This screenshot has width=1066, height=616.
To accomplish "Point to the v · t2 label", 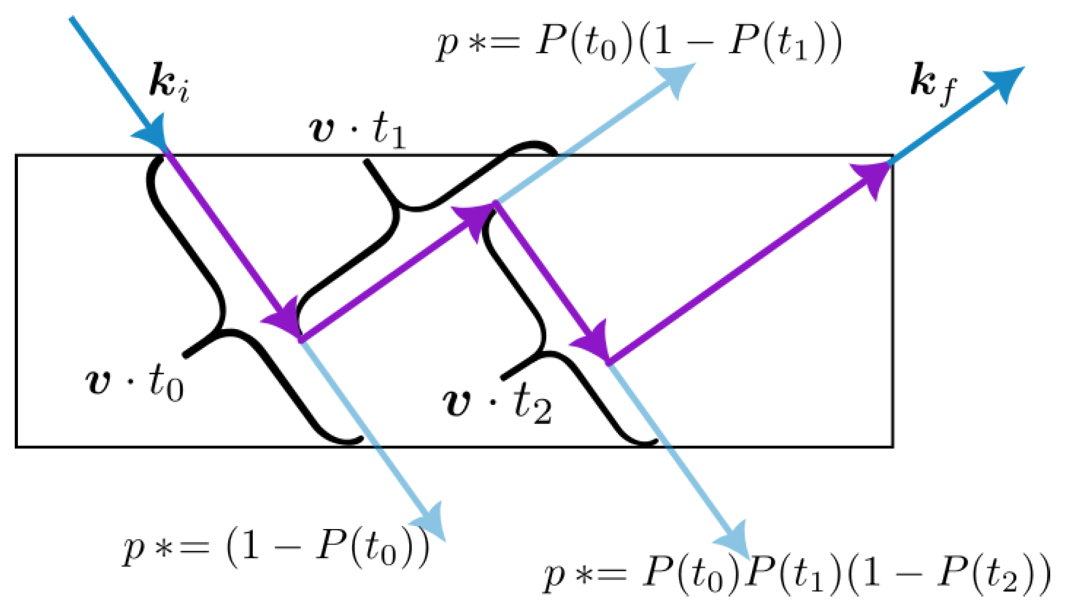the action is (498, 405).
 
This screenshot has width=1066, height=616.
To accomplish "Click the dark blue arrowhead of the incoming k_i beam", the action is (153, 135).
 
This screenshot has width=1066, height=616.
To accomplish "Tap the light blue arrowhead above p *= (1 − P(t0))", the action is (431, 521).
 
